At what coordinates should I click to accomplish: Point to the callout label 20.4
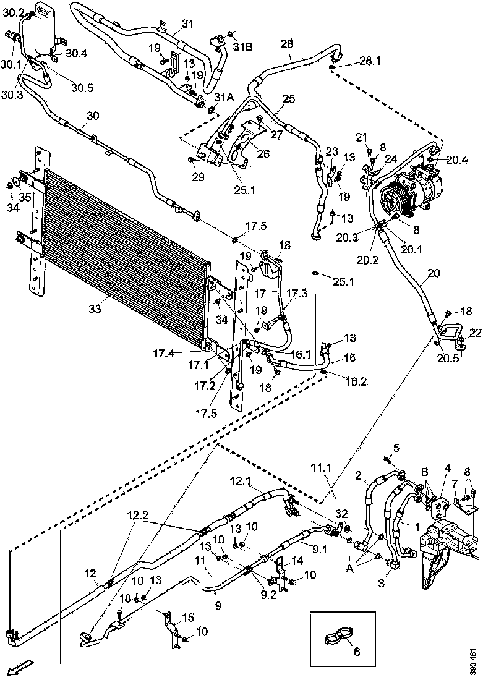[457, 159]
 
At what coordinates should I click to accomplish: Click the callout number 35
[25, 197]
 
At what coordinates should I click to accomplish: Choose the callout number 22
[475, 333]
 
